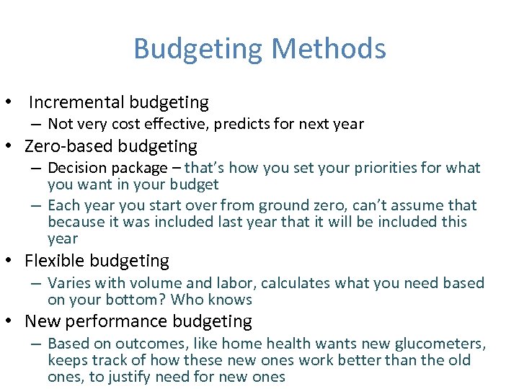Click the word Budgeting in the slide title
[199, 49]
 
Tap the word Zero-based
[69, 146]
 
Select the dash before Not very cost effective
[35, 124]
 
